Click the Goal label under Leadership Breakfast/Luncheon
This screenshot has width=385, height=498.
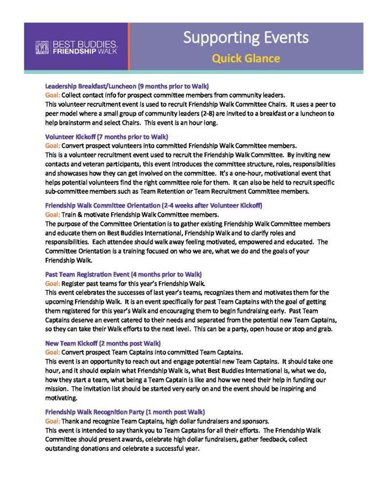53,95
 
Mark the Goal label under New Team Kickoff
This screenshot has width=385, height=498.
53,353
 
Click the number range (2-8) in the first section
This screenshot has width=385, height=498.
192,113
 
